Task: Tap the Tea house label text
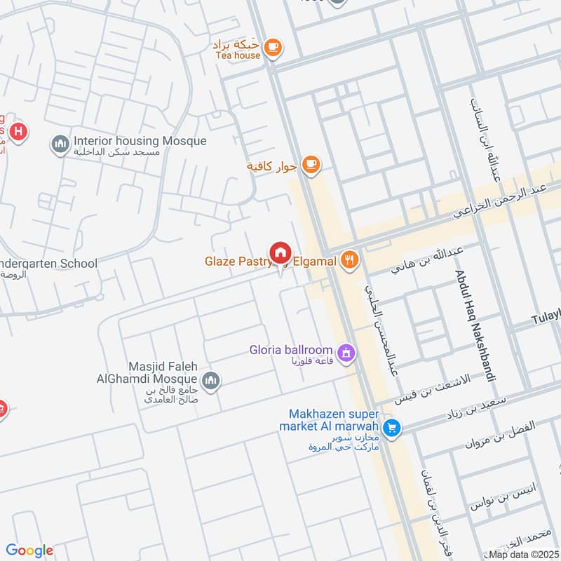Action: (x=238, y=55)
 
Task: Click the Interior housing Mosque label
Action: (x=140, y=141)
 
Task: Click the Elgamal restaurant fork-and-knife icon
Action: (x=349, y=261)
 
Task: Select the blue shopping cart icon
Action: (x=392, y=427)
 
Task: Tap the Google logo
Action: (x=29, y=550)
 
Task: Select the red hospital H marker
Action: (x=20, y=131)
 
